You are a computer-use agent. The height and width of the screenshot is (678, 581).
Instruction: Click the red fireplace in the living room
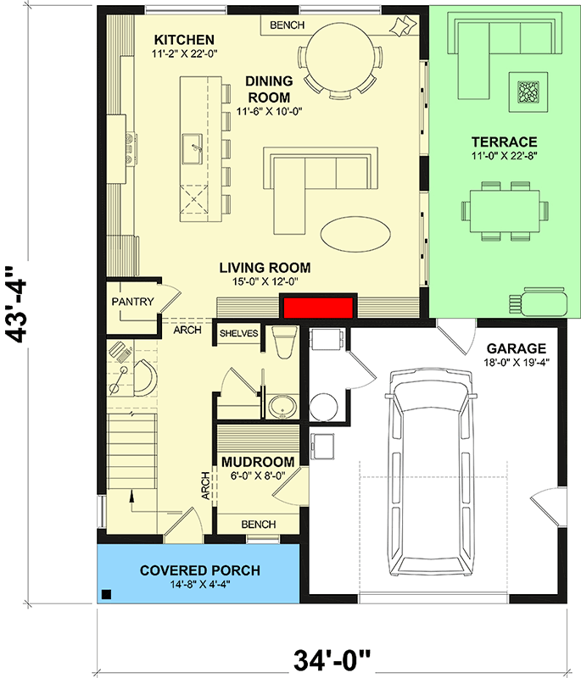click(318, 308)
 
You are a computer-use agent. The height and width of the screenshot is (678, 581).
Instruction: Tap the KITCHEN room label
click(184, 40)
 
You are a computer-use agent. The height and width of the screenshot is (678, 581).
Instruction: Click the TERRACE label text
click(506, 141)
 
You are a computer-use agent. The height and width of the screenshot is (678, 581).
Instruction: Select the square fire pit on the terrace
click(527, 90)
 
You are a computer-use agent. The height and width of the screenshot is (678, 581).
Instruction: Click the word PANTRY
click(131, 301)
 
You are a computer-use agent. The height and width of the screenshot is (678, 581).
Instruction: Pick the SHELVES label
click(238, 333)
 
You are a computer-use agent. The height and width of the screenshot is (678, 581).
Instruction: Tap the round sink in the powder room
click(282, 406)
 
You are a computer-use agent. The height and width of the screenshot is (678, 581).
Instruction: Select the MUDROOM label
click(258, 462)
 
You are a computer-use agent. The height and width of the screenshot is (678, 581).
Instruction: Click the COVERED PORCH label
click(200, 570)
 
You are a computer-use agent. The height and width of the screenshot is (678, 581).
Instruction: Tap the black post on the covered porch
click(106, 594)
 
